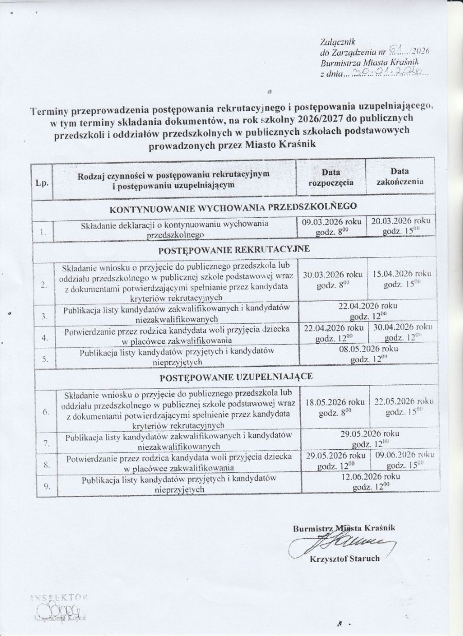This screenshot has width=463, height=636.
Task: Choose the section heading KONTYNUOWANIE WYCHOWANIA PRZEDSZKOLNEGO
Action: pos(233,208)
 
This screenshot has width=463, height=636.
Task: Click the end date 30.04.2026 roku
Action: pos(403,327)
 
